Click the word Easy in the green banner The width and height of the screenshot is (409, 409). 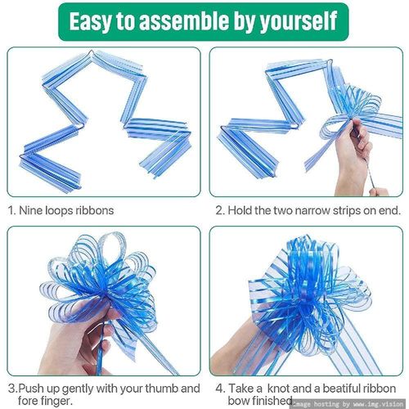click(x=91, y=21)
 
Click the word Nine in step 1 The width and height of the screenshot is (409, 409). click(x=31, y=210)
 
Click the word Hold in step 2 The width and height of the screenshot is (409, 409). click(x=239, y=210)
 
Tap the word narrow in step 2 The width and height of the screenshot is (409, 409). click(x=312, y=211)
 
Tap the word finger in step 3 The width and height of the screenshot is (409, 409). click(x=57, y=401)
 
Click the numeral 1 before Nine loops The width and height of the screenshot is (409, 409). click(x=11, y=210)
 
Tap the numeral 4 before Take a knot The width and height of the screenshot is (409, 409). click(x=219, y=389)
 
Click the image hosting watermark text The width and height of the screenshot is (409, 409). click(x=348, y=404)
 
